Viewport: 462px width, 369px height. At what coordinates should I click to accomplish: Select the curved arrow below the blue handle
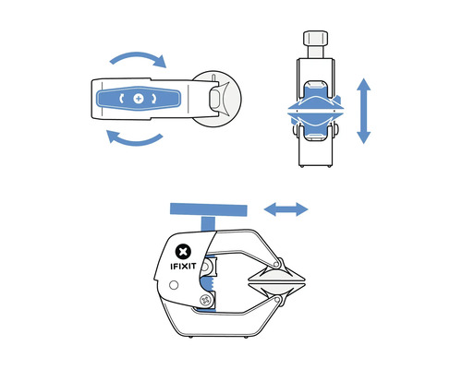click(x=136, y=142)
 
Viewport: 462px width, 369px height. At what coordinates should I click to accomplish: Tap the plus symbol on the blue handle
click(x=139, y=99)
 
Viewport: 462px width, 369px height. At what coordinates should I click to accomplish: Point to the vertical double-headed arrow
click(x=364, y=111)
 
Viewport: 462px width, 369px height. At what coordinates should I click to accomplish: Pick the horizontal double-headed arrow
click(x=286, y=209)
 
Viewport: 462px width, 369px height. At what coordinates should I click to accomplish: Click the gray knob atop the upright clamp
click(x=315, y=38)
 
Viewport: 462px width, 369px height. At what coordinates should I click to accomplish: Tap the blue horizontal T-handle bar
click(x=209, y=209)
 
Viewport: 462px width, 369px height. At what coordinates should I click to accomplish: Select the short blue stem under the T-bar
click(x=209, y=223)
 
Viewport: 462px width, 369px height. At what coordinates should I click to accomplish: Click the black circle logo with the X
click(x=183, y=252)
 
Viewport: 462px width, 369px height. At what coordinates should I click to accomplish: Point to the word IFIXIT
click(x=183, y=266)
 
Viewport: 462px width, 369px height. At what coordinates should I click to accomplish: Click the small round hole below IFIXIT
click(x=174, y=285)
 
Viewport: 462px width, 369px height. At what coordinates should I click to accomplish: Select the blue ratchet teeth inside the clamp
click(x=207, y=284)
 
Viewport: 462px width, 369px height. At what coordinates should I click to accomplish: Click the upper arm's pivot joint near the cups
click(x=276, y=264)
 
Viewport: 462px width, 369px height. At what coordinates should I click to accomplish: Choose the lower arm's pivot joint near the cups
click(x=277, y=299)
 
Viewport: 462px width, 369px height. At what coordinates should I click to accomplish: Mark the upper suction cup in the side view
click(x=276, y=276)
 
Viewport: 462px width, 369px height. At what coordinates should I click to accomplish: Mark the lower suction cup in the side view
click(x=276, y=289)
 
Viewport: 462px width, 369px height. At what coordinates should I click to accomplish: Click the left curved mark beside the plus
click(x=122, y=99)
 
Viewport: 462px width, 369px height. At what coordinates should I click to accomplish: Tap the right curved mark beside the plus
click(x=153, y=99)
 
